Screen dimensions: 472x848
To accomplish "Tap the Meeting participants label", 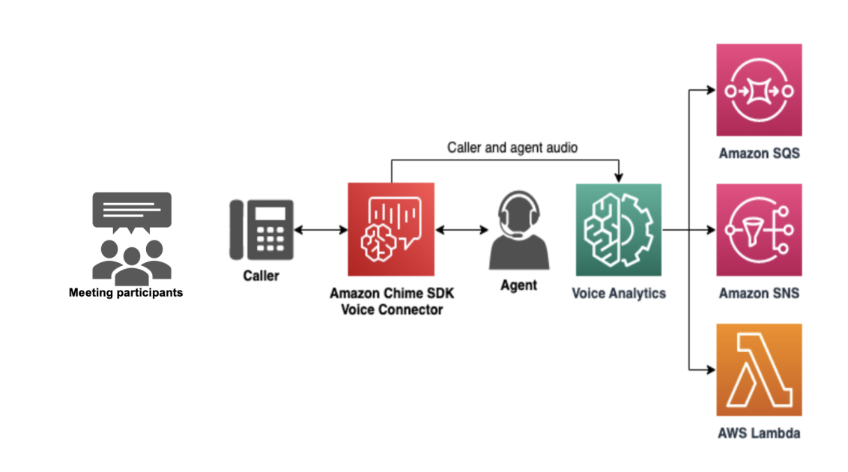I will coord(126,293).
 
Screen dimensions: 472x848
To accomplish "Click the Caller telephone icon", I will coord(261,229).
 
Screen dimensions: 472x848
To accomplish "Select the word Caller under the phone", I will coord(261,276).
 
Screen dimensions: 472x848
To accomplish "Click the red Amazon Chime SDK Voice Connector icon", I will coord(390,229).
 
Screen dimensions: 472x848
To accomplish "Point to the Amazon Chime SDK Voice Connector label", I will coord(392,301).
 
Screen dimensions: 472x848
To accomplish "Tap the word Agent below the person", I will coord(518,285).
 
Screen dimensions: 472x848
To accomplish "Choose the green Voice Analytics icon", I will coord(618,229).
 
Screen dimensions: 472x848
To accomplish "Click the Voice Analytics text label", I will coord(619,294).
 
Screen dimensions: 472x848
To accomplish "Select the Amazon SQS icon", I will coord(759,90).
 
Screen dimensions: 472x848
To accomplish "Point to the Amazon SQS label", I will coord(759,154).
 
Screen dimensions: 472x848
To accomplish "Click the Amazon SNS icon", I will coord(759,229).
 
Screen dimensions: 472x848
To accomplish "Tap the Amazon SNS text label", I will coord(759,294).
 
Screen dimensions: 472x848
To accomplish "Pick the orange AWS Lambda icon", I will coord(759,369).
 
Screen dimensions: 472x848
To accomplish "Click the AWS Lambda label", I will coord(759,433).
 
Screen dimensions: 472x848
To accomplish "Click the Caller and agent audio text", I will coord(512,148).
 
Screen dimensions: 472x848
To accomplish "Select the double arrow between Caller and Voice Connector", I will coord(321,230).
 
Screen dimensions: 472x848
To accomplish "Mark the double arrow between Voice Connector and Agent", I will coord(461,230).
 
